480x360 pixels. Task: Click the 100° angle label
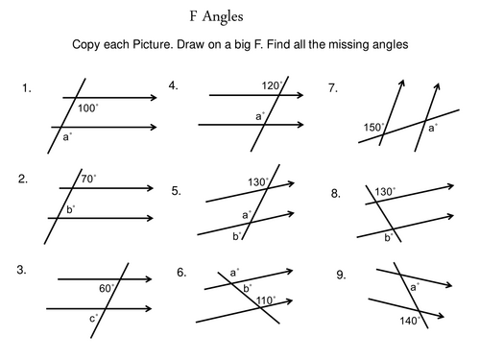(x=88, y=108)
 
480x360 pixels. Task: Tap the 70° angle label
(x=88, y=178)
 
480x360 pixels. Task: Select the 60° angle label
(x=107, y=287)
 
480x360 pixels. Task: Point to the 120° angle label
(x=270, y=85)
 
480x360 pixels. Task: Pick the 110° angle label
(x=266, y=300)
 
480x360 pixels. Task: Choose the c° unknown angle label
(x=93, y=319)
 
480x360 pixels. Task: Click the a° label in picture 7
(x=433, y=127)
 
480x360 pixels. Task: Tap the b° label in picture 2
(x=70, y=207)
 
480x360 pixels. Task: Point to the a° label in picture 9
(x=415, y=287)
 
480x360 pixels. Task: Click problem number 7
(x=333, y=87)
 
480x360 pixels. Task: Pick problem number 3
(x=23, y=271)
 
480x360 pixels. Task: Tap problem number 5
(x=177, y=190)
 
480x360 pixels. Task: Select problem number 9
(x=341, y=275)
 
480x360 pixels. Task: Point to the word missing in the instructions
(x=333, y=45)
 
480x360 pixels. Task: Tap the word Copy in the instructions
(x=87, y=45)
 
